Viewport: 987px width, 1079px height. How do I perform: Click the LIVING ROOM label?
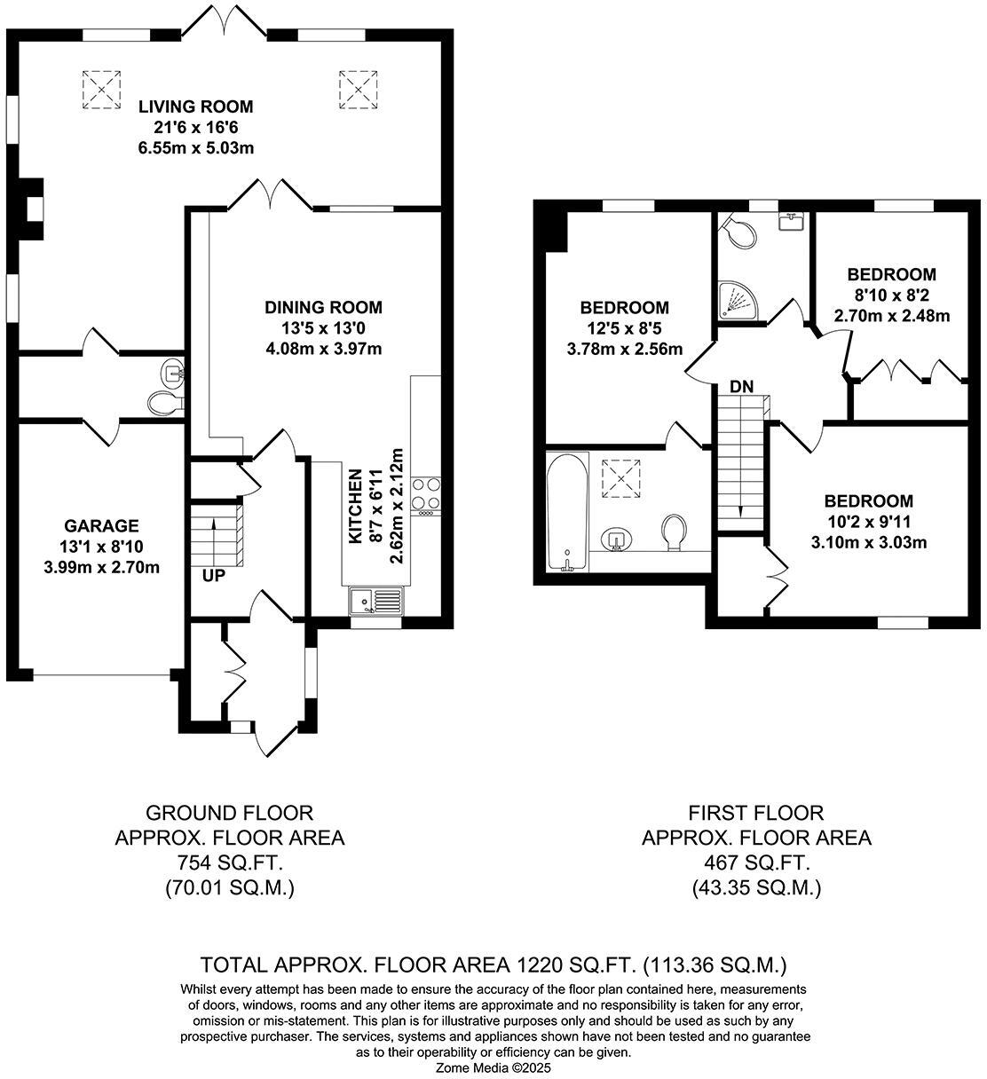pyautogui.click(x=195, y=106)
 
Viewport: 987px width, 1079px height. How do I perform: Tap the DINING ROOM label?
pyautogui.click(x=323, y=308)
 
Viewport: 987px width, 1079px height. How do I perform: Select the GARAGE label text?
pyautogui.click(x=101, y=525)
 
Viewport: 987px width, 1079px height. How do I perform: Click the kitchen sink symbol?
pyautogui.click(x=375, y=602)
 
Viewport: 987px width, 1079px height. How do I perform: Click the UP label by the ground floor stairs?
pyautogui.click(x=213, y=574)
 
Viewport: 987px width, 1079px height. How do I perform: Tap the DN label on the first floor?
pyautogui.click(x=742, y=387)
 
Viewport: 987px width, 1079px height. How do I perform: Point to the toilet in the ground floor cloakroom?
pyautogui.click(x=164, y=404)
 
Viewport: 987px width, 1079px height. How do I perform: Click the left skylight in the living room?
pyautogui.click(x=101, y=88)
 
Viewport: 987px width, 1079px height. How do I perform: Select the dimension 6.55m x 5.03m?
pyautogui.click(x=195, y=147)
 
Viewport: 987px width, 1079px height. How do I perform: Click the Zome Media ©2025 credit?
pyautogui.click(x=493, y=1068)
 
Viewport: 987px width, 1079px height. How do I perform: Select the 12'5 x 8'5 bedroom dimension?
pyautogui.click(x=624, y=328)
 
